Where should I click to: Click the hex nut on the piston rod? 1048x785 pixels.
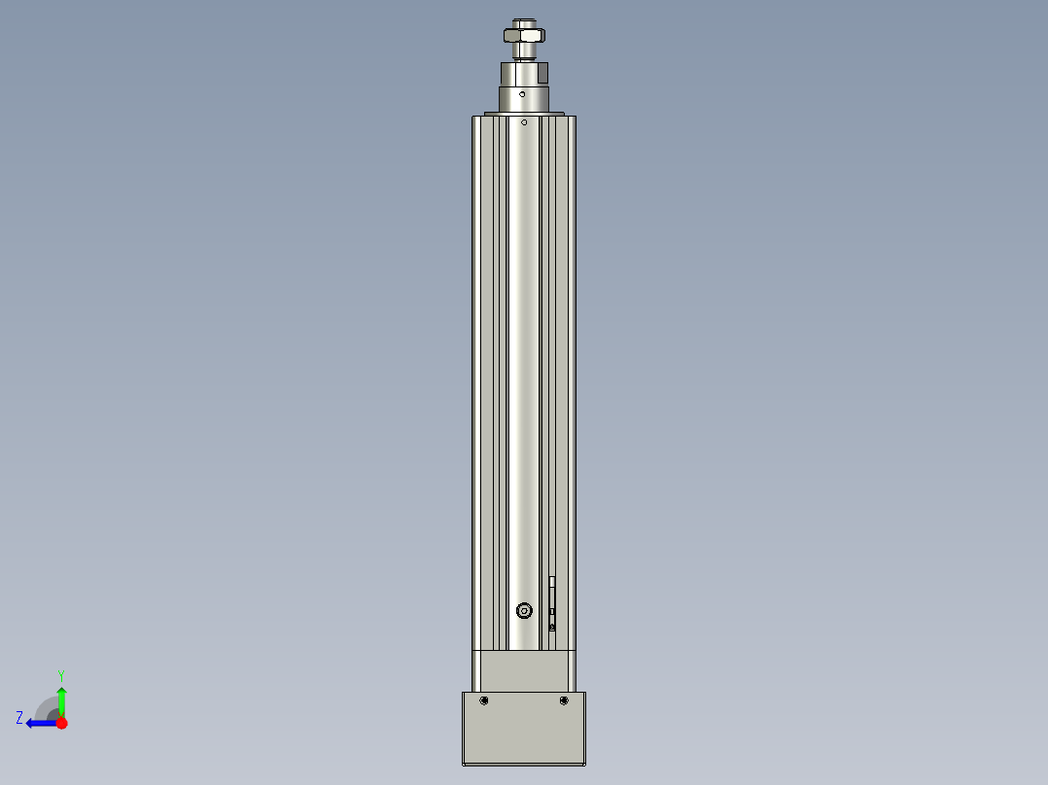[x=523, y=36]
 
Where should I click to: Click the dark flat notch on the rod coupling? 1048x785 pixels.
[x=543, y=71]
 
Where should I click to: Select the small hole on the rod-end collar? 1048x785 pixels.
[x=522, y=94]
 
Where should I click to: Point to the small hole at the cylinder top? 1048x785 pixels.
[x=524, y=122]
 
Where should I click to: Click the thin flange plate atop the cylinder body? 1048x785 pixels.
[x=524, y=114]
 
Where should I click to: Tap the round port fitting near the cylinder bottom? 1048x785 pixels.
[x=524, y=610]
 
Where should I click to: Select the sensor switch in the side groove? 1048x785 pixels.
[x=552, y=602]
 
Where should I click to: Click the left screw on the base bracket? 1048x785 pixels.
[x=484, y=700]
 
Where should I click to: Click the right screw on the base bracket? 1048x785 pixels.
[x=564, y=700]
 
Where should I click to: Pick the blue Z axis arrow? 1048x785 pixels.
[x=39, y=723]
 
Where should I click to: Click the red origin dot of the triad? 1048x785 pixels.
[x=61, y=723]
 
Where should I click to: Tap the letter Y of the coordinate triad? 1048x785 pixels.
[x=60, y=674]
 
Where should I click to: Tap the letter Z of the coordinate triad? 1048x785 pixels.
[x=19, y=718]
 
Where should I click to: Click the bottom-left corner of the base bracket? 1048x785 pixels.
[x=464, y=764]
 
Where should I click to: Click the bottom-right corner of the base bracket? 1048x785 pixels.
[x=584, y=764]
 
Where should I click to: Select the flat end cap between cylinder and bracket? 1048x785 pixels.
[x=524, y=670]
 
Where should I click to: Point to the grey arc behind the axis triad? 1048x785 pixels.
[x=45, y=706]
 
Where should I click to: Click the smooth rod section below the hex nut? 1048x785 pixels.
[x=523, y=52]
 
